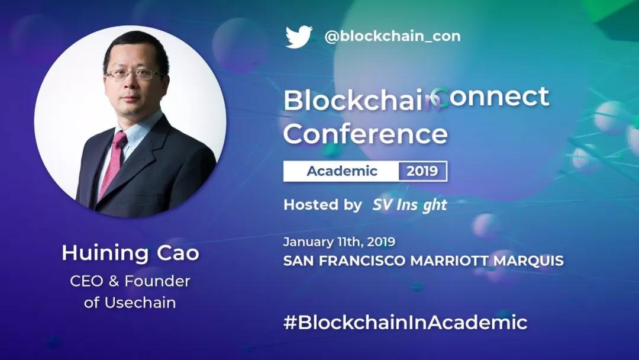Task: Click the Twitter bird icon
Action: tap(299, 37)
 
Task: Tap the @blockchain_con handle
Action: tap(392, 36)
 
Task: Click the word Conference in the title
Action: tap(366, 134)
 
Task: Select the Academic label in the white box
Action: tap(342, 171)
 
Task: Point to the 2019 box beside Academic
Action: tap(422, 171)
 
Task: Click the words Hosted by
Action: tap(323, 204)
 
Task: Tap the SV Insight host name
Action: tap(409, 205)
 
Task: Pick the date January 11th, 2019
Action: tap(339, 242)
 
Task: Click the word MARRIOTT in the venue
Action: tap(450, 261)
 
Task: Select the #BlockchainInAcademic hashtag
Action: tap(405, 322)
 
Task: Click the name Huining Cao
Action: tap(130, 253)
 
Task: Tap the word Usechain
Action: tap(140, 303)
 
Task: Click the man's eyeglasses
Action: tap(133, 74)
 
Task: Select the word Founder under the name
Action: tap(157, 281)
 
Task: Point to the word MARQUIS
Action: tap(528, 261)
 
